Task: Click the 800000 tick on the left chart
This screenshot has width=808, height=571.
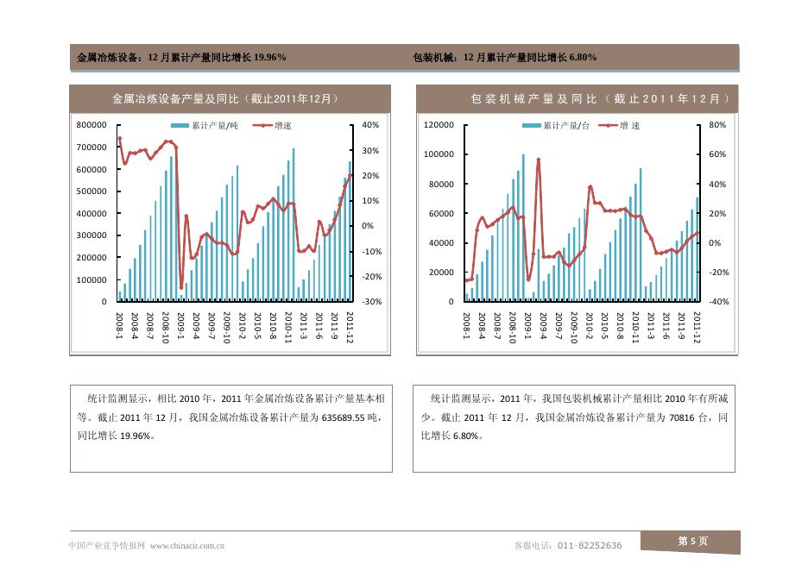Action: (91, 125)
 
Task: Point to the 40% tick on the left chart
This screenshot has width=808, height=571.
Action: (370, 125)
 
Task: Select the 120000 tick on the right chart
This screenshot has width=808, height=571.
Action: (439, 125)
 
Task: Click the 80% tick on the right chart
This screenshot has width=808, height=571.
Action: (717, 125)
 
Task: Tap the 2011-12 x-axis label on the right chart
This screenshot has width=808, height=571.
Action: (697, 327)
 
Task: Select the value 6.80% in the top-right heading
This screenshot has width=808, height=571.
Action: (583, 58)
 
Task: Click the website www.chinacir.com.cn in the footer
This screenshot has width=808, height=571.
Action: (187, 545)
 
